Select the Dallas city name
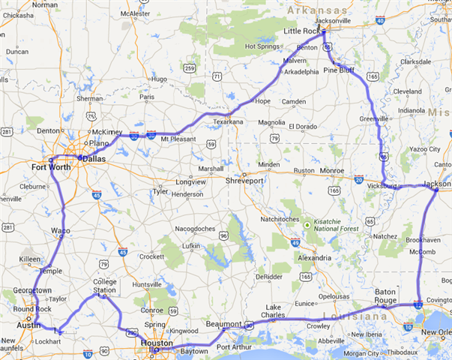pos(94,160)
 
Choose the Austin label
pos(28,325)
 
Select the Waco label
pos(61,230)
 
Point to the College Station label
pos(105,286)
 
